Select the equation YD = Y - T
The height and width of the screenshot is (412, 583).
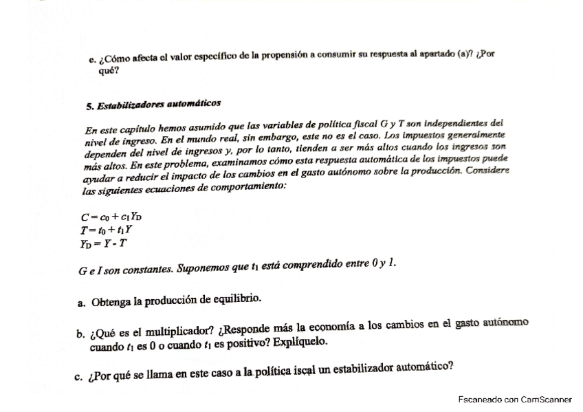(x=107, y=241)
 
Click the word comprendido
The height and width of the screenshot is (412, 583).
(x=296, y=263)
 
